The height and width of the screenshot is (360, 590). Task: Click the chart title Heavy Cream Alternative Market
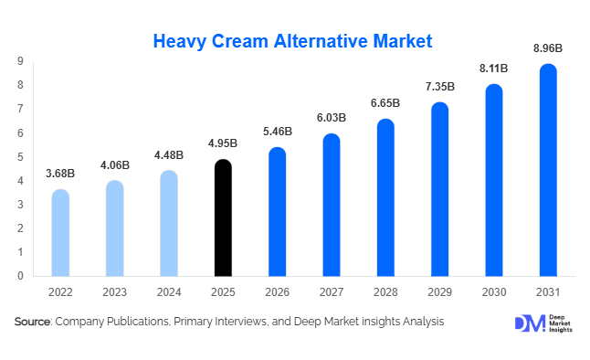pos(292,41)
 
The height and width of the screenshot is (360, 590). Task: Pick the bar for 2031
pos(548,170)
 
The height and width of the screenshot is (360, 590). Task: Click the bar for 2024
pos(169,223)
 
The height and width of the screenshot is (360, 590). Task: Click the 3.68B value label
pos(60,174)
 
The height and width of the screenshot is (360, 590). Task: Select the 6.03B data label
pos(332,119)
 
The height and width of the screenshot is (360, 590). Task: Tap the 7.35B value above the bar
pos(439,87)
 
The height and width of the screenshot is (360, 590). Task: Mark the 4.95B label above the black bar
pos(223,143)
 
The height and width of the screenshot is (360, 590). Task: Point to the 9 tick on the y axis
pos(20,61)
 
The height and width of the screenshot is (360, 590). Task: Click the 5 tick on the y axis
pos(20,156)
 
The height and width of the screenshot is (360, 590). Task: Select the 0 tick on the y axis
pos(20,275)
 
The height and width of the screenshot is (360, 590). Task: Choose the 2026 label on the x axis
pos(277,292)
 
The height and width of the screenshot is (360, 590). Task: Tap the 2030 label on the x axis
pos(493,292)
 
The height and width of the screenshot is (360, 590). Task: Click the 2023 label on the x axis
pos(114,292)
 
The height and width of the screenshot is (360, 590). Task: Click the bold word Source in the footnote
pos(33,322)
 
